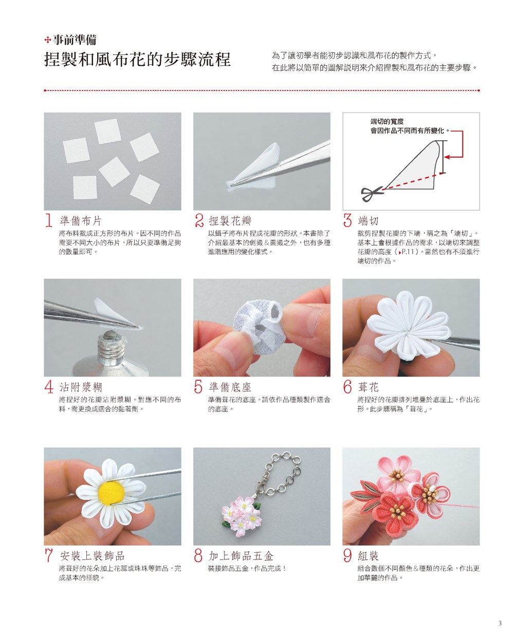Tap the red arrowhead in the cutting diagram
pos(447,157)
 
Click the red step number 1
pos(49,220)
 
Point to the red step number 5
pos(198,387)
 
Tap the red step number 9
pos(347,555)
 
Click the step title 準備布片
pos(81,221)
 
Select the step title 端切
pos(368,221)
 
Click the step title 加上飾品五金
pos(241,556)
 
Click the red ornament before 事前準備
pos(48,40)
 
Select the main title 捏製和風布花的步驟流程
pos(137,59)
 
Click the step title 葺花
pos(368,387)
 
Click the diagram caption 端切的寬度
pos(387,121)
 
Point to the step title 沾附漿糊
pos(81,387)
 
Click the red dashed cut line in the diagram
pos(414,181)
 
